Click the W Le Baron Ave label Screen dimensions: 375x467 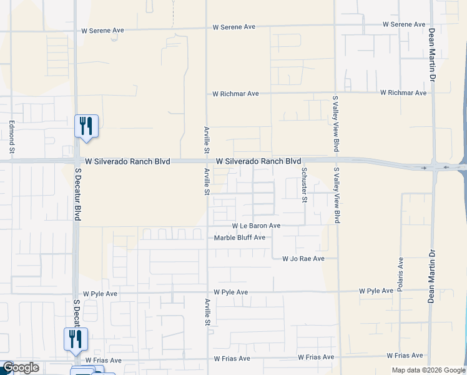pyautogui.click(x=256, y=226)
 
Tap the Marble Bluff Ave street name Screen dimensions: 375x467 pyautogui.click(x=240, y=237)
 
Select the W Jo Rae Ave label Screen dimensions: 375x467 pyautogui.click(x=303, y=258)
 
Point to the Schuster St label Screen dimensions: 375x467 pyautogui.click(x=304, y=184)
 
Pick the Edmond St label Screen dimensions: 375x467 pyautogui.click(x=11, y=137)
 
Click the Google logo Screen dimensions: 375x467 pyautogui.click(x=21, y=368)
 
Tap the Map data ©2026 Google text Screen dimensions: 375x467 pyautogui.click(x=428, y=370)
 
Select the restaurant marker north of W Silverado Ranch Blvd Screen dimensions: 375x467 pyautogui.click(x=86, y=126)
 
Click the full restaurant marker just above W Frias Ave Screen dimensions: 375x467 pyautogui.click(x=76, y=339)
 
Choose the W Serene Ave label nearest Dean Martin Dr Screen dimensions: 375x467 pyautogui.click(x=404, y=24)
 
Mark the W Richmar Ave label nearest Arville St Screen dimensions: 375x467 pyautogui.click(x=235, y=94)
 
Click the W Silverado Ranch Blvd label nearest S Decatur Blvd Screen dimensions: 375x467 pyautogui.click(x=128, y=161)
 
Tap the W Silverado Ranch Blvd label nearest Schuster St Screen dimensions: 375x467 pyautogui.click(x=258, y=161)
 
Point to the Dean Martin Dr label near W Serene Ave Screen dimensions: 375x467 pyautogui.click(x=431, y=55)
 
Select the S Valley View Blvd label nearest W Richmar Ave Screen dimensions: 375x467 pyautogui.click(x=335, y=124)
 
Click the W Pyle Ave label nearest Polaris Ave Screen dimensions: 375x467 pyautogui.click(x=376, y=291)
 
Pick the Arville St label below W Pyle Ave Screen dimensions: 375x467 pyautogui.click(x=207, y=313)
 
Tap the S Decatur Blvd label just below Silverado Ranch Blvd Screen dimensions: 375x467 pyautogui.click(x=78, y=194)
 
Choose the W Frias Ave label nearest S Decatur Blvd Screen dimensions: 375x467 pyautogui.click(x=104, y=360)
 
